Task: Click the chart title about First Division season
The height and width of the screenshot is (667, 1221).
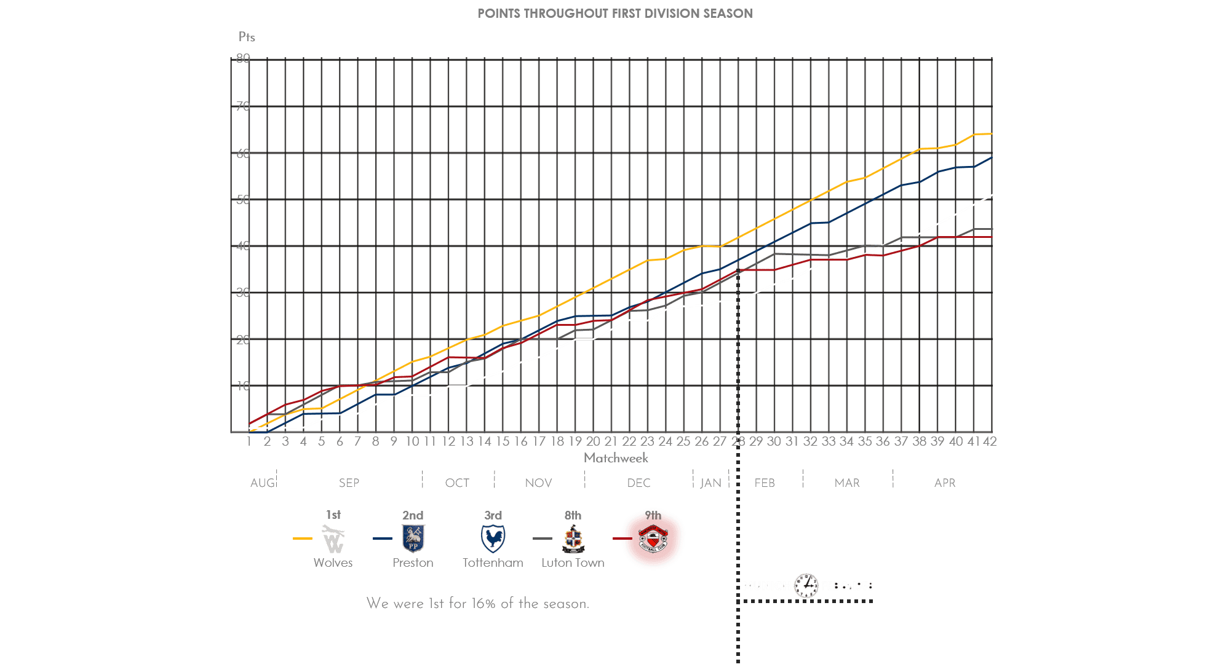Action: pos(614,14)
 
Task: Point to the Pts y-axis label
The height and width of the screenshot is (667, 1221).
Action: pos(247,37)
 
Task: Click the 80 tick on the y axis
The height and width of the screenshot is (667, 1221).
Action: pos(243,58)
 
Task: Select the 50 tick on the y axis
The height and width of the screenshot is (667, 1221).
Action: pos(243,200)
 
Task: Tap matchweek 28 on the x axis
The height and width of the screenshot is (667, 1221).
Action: pos(738,441)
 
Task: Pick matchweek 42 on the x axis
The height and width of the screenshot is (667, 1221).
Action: pos(990,441)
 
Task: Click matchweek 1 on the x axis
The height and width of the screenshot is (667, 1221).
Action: pos(249,441)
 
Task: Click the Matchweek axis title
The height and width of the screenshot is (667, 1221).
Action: pos(616,458)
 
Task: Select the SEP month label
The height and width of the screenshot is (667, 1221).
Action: pos(349,483)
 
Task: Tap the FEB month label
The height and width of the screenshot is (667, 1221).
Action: pos(765,483)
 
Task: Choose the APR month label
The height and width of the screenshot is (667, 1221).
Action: pos(945,483)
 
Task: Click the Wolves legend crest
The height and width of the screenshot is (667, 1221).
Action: pos(333,539)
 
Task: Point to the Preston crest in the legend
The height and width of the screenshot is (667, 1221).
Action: pos(413,539)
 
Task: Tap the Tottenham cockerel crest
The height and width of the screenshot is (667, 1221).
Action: pos(493,539)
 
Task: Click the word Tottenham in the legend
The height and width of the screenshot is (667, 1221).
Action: pos(493,562)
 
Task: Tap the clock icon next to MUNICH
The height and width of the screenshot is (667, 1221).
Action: pos(806,586)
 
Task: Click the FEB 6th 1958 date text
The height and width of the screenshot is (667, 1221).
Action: pos(847,586)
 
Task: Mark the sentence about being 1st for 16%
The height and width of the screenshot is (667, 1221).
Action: pos(477,604)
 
